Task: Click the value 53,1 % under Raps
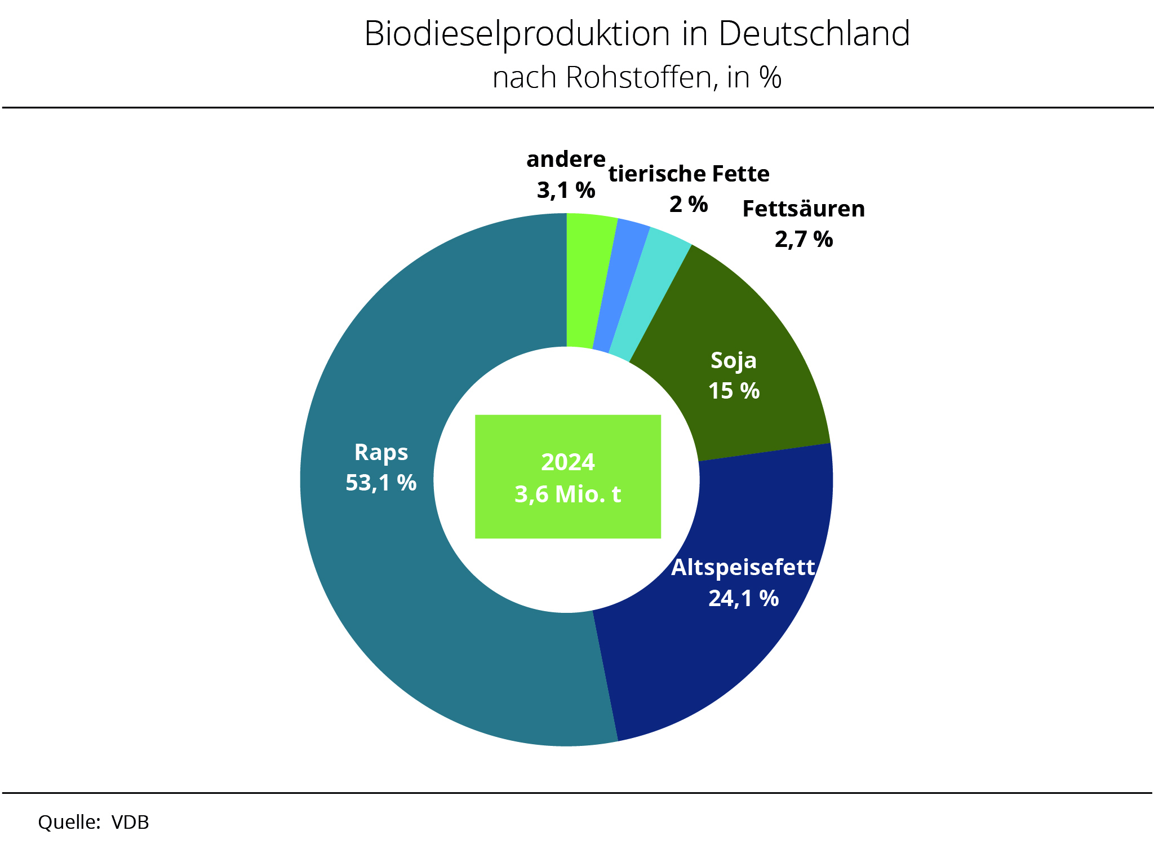pyautogui.click(x=381, y=483)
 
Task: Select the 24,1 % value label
pyautogui.click(x=743, y=598)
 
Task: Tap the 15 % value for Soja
pyautogui.click(x=734, y=391)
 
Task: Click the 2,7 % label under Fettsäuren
pyautogui.click(x=804, y=240)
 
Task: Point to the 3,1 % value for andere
pyautogui.click(x=566, y=191)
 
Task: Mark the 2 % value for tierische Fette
pyautogui.click(x=688, y=204)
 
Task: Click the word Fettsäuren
pyautogui.click(x=804, y=209)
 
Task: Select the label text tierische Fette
pyautogui.click(x=689, y=174)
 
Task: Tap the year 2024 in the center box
pyautogui.click(x=567, y=462)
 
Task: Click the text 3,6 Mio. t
pyautogui.click(x=567, y=494)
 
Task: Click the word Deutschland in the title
pyautogui.click(x=814, y=34)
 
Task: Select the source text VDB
pyautogui.click(x=130, y=823)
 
